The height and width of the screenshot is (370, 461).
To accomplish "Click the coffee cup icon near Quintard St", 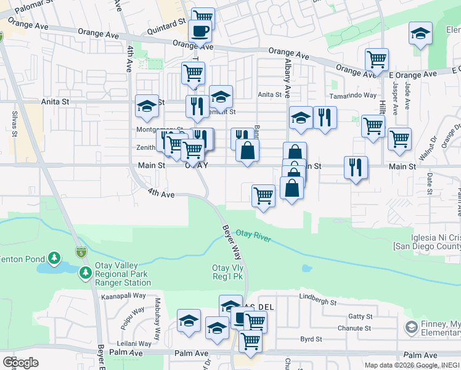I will (x=200, y=31).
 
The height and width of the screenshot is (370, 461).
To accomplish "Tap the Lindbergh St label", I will (x=317, y=303).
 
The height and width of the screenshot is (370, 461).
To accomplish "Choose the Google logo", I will (x=20, y=363).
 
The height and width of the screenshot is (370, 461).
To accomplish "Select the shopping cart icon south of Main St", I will (x=263, y=196).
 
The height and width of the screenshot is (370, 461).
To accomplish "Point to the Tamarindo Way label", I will (x=353, y=96).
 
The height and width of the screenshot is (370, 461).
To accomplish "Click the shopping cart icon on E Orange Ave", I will (x=377, y=60).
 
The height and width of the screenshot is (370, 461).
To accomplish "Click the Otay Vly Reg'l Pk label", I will (x=228, y=272).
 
